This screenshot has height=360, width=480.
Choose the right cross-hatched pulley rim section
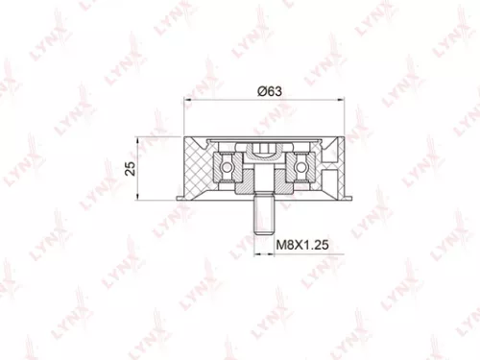tap(332, 169)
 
